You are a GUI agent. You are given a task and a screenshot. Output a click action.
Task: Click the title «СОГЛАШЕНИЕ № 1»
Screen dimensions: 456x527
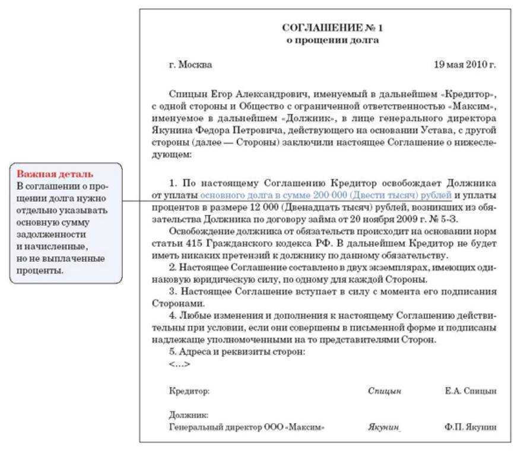(332, 28)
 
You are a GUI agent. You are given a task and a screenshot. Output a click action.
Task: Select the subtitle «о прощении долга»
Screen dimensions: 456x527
(332, 40)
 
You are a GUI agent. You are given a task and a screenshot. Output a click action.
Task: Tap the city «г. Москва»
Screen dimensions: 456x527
(190, 65)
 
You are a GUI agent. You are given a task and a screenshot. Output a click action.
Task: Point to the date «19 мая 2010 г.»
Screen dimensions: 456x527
(465, 65)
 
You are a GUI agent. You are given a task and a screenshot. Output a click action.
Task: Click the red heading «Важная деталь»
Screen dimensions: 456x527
(55, 174)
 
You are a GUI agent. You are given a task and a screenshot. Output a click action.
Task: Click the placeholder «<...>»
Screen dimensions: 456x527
(179, 364)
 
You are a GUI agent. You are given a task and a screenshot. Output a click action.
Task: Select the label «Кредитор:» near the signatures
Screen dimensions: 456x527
(189, 391)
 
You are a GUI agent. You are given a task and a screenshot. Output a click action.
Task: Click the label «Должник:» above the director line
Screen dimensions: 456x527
(188, 416)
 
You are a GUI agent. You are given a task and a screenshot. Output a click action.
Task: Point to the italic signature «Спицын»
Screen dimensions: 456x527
(385, 391)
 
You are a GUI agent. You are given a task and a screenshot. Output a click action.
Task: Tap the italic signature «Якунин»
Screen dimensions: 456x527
(384, 427)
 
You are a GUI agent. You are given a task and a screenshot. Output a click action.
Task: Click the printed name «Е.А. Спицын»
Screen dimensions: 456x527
(471, 391)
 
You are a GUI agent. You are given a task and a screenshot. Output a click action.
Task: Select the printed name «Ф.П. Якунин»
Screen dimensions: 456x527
(470, 427)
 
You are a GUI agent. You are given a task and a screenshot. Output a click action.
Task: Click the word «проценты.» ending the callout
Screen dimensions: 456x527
(40, 270)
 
